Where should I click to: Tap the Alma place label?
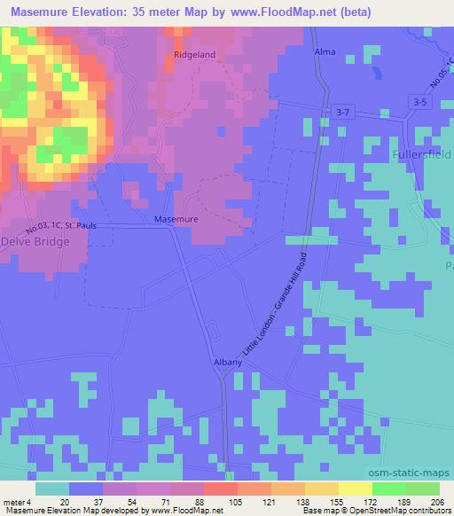[x=325, y=53]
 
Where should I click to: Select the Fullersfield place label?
[x=422, y=152]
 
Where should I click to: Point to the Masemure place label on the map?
[x=176, y=218]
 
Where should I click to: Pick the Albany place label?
[x=223, y=363]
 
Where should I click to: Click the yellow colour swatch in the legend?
[x=356, y=489]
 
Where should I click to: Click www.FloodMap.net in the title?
[x=284, y=12]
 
